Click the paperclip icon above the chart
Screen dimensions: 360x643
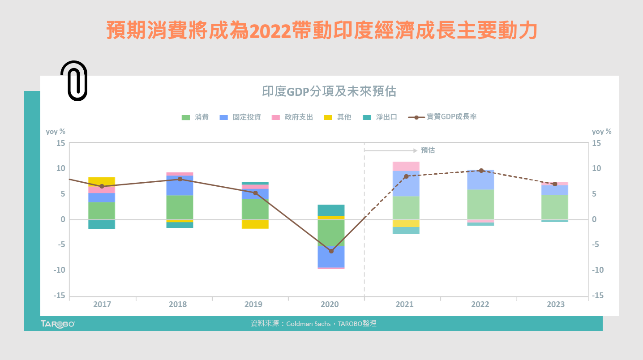(74, 81)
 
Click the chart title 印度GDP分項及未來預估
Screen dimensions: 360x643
(329, 91)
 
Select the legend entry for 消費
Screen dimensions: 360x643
(195, 117)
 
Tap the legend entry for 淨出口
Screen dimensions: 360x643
(380, 117)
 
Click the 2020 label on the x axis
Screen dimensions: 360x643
(330, 304)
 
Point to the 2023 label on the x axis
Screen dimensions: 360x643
(555, 304)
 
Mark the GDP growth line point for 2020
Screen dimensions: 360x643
(331, 251)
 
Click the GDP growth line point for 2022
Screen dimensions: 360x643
(481, 171)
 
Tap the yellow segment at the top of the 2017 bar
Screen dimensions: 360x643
(102, 181)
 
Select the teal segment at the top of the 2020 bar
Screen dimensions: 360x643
(331, 210)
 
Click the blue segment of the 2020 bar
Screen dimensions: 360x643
(331, 257)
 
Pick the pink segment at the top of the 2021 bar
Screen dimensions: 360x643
(406, 166)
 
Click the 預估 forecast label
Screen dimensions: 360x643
(428, 150)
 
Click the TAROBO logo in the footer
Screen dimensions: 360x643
(57, 324)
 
